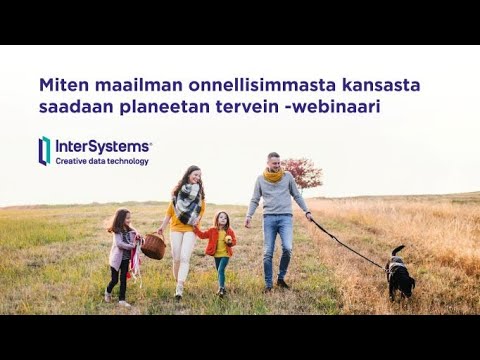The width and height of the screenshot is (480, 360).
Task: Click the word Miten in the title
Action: (61, 85)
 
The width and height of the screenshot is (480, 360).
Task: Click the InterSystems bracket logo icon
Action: (44, 150)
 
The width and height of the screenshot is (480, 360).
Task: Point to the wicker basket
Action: (153, 246)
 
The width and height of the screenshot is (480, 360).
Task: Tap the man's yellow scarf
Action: (272, 175)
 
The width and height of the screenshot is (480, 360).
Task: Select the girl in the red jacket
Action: (220, 245)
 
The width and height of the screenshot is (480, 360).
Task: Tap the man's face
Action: (273, 162)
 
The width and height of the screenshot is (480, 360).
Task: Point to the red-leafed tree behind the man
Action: (303, 173)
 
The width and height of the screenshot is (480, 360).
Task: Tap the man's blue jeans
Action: (278, 245)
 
